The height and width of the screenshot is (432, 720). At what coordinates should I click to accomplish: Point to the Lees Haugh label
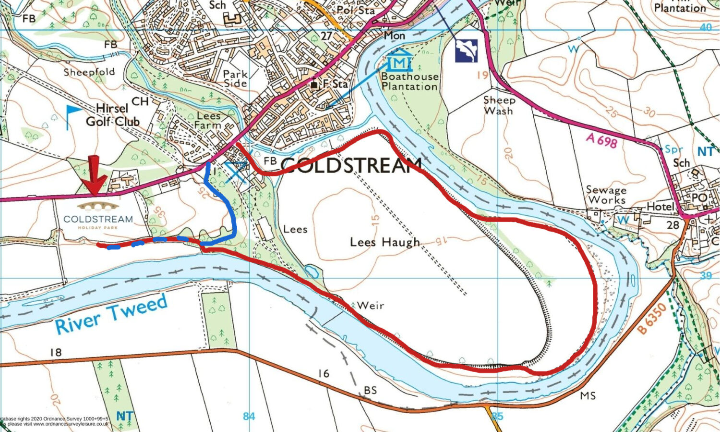click(385, 242)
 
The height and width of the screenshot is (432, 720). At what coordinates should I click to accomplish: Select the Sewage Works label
click(606, 195)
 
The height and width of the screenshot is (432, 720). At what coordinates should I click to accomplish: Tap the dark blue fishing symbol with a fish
click(467, 50)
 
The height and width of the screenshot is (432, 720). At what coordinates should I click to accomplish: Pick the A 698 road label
click(601, 140)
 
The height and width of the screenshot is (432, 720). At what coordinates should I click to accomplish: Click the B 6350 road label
click(652, 318)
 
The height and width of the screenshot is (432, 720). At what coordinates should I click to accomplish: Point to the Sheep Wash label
click(499, 105)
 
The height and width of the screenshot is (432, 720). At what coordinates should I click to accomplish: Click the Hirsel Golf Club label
click(113, 115)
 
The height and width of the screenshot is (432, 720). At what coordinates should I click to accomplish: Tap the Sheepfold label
click(89, 72)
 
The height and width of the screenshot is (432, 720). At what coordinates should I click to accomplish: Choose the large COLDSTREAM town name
click(350, 165)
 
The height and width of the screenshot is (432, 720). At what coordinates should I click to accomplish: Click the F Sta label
click(335, 84)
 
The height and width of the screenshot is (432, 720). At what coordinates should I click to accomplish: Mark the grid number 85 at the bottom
click(497, 416)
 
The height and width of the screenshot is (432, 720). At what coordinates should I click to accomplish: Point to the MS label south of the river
click(588, 395)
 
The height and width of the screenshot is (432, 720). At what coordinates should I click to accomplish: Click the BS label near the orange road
click(370, 390)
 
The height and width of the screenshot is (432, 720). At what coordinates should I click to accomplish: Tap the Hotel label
click(660, 207)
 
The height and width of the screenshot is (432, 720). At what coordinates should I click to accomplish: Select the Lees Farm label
click(208, 120)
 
